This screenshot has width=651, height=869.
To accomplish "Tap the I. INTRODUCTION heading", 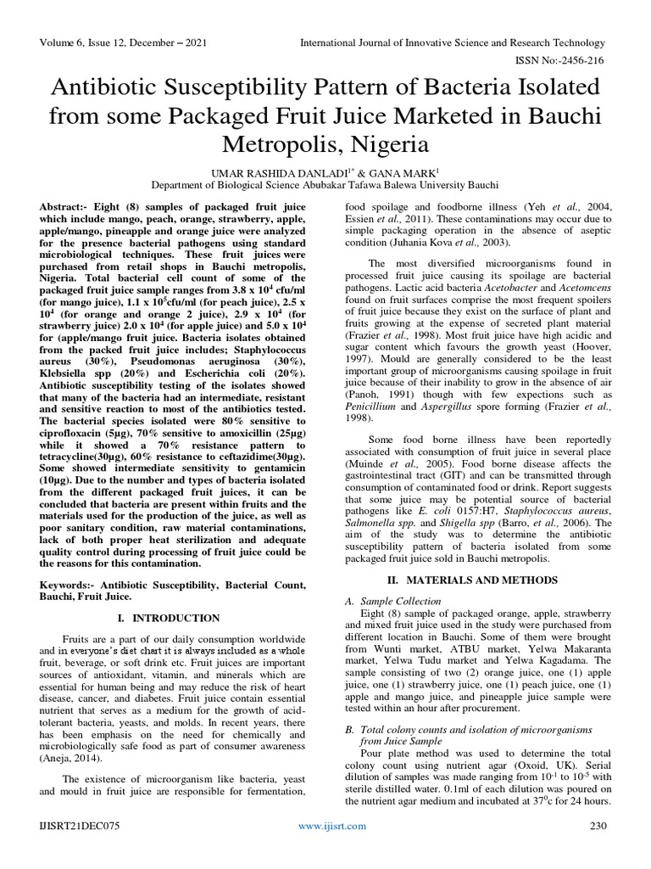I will [173, 619].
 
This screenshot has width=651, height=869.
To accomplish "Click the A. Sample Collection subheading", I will [395, 600].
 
